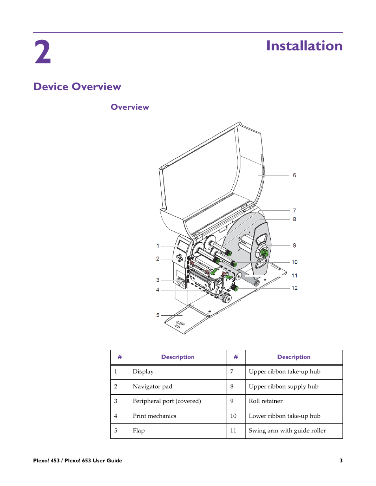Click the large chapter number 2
coord(42,52)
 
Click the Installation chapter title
coord(304,46)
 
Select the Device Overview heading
coord(77,87)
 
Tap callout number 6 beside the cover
coord(294,175)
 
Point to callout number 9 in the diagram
coord(294,245)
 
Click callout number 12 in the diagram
coord(294,288)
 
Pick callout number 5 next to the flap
coord(158,315)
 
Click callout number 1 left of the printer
coord(158,246)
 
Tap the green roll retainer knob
coord(264,253)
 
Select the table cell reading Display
coord(143,372)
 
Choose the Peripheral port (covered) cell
coord(167,401)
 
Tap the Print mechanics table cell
coord(154,416)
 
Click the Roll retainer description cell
coord(266,401)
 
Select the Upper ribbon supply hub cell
coord(283,386)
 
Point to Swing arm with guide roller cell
coord(287,431)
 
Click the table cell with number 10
coord(233,416)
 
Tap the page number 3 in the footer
coord(341,460)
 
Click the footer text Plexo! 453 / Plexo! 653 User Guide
coord(78,460)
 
